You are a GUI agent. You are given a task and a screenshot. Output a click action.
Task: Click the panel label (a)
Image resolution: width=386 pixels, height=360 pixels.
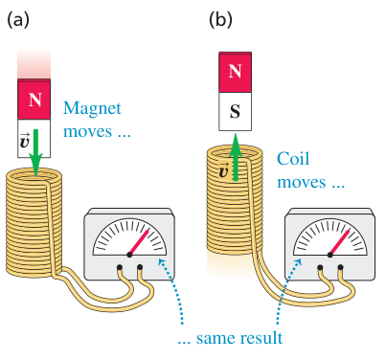coord(18,20)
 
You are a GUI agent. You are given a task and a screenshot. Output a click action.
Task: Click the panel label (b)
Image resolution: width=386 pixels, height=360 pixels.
coord(220,20)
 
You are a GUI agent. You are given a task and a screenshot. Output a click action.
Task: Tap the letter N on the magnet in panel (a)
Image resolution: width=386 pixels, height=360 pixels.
coord(35,100)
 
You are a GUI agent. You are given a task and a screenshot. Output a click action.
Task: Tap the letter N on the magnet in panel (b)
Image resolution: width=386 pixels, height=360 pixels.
coord(236,71)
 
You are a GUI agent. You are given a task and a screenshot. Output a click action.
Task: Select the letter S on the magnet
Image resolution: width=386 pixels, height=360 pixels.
coord(236,112)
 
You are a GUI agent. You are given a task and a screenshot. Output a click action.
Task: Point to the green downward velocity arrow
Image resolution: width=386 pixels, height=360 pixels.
coord(35,153)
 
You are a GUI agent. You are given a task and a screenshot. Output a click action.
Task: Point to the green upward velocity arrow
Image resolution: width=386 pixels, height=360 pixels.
coord(236,157)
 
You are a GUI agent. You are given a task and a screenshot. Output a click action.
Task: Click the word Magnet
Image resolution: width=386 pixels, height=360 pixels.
coord(92,109)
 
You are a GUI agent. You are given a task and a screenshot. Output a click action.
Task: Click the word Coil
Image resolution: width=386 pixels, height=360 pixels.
coord(293,158)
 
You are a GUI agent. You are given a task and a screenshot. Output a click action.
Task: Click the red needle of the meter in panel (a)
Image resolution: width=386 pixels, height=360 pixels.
coord(139,242)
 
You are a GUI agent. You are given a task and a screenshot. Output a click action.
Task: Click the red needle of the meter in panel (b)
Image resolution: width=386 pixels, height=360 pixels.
coord(340,242)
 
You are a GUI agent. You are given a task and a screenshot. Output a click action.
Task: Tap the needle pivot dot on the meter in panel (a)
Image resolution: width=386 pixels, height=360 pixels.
coord(129,255)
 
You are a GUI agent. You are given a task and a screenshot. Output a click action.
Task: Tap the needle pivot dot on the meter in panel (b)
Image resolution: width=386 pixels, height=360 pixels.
coord(330,255)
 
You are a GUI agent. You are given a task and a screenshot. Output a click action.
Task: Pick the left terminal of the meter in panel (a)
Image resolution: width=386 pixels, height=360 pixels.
coord(120,267)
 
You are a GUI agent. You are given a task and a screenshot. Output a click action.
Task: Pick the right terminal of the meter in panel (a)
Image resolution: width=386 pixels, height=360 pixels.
coord(140,267)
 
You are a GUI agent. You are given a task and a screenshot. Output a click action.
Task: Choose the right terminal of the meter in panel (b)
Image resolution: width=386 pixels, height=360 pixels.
coord(340,267)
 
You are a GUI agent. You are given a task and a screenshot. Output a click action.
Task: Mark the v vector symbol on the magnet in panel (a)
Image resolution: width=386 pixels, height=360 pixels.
coord(25,142)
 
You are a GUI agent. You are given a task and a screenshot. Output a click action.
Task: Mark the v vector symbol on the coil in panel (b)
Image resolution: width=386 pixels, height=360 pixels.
coord(224,170)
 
